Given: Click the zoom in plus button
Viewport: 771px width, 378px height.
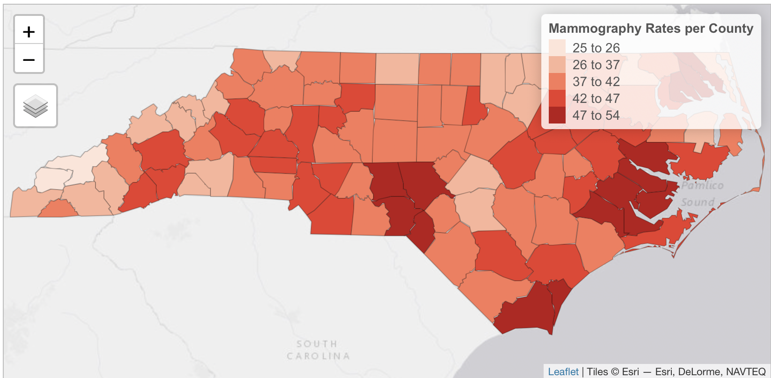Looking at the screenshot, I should pyautogui.click(x=29, y=31).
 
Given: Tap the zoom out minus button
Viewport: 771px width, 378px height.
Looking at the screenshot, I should pyautogui.click(x=29, y=59).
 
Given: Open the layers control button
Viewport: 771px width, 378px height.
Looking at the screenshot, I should pyautogui.click(x=36, y=106).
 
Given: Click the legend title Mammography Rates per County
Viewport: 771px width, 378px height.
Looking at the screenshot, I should pyautogui.click(x=651, y=29).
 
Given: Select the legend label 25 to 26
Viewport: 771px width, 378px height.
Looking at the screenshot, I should pyautogui.click(x=596, y=48).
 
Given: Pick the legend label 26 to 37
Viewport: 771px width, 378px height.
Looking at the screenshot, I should pyautogui.click(x=596, y=65).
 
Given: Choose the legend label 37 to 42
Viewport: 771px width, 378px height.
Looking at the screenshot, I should pyautogui.click(x=596, y=81).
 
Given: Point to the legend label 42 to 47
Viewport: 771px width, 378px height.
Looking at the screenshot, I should pyautogui.click(x=596, y=98).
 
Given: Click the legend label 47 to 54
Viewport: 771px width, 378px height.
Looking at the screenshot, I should pyautogui.click(x=596, y=115).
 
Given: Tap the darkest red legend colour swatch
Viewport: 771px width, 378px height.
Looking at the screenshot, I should pyautogui.click(x=557, y=115).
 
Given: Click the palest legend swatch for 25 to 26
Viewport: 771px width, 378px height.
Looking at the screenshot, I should pyautogui.click(x=557, y=48).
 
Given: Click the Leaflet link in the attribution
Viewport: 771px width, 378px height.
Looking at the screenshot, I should pyautogui.click(x=563, y=371).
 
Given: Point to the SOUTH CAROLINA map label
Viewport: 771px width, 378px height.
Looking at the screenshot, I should pyautogui.click(x=318, y=350).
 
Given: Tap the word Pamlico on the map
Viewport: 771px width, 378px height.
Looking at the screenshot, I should pyautogui.click(x=702, y=186).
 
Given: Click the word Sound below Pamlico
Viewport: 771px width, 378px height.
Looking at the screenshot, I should pyautogui.click(x=698, y=202).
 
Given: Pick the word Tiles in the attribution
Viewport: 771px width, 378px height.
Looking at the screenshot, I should pyautogui.click(x=597, y=371).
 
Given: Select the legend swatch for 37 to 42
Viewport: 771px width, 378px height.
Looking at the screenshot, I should pyautogui.click(x=557, y=81).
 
